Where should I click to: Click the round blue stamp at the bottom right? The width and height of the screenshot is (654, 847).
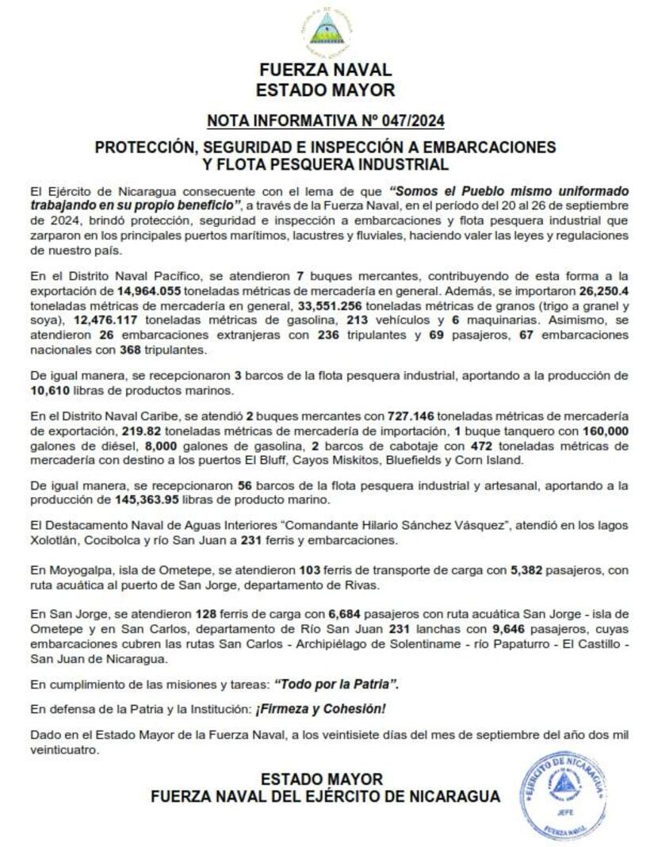[x=564, y=795]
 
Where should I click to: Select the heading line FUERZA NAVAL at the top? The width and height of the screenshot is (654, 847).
[x=326, y=71]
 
